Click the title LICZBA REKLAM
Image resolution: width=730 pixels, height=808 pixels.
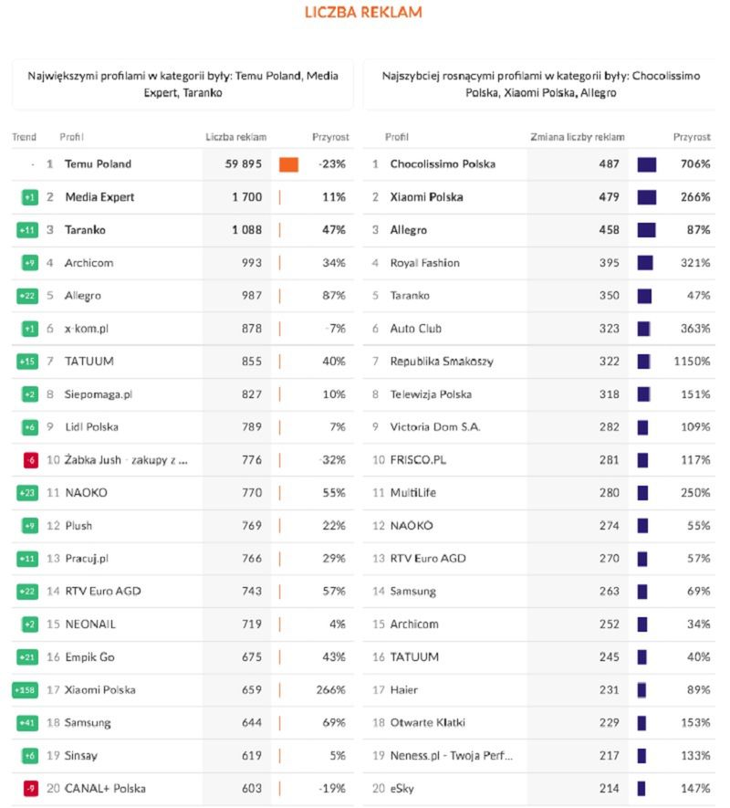[363, 13]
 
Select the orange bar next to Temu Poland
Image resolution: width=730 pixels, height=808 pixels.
[288, 164]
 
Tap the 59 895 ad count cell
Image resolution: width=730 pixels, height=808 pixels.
[244, 164]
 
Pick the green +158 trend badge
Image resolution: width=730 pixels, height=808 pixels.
[25, 690]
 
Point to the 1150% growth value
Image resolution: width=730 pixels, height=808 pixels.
[692, 362]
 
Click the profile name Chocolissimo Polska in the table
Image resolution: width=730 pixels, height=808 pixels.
[443, 164]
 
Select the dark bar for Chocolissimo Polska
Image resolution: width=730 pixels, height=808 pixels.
[646, 164]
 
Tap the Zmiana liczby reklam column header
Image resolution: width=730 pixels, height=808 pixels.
[578, 137]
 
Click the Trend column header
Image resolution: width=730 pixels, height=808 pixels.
[24, 137]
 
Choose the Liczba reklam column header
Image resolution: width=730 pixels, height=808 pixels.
[235, 137]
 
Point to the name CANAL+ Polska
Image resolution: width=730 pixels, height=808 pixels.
[105, 789]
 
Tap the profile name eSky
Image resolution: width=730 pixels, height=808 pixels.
[401, 789]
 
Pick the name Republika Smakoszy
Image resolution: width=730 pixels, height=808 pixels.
[442, 362]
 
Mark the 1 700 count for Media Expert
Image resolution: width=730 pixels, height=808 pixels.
[246, 197]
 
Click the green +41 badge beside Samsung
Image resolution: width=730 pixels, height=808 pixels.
[26, 723]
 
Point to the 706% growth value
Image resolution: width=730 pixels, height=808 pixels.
[695, 164]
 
